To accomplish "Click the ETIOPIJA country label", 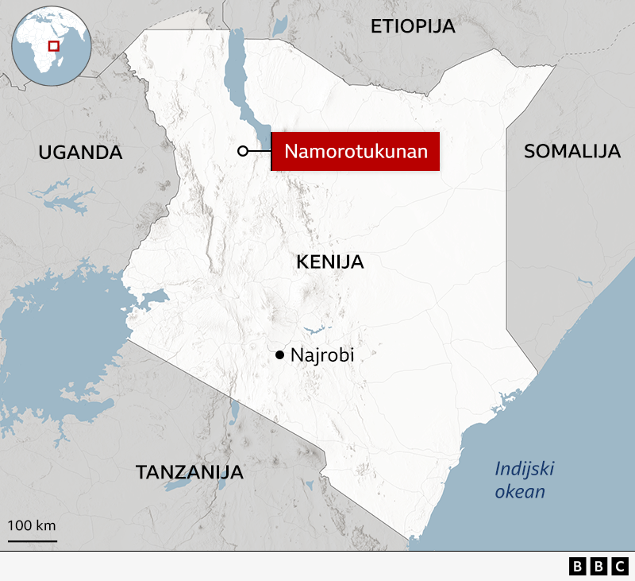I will click(413, 26).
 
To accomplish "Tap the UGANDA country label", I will click(81, 153).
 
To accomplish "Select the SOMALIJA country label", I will click(571, 152).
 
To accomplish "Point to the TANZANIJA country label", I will click(189, 472).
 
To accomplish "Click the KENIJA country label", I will click(329, 261).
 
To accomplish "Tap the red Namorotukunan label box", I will click(356, 151).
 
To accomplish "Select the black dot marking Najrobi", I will click(279, 355).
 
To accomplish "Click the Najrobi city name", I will click(321, 355).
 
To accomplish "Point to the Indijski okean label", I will click(523, 479).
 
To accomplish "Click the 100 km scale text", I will click(32, 525).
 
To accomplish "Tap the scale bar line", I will click(32, 540).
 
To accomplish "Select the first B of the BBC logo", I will click(577, 566).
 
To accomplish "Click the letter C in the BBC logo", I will click(618, 566).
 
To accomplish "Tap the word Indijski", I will click(524, 468).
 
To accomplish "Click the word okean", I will click(520, 491).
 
